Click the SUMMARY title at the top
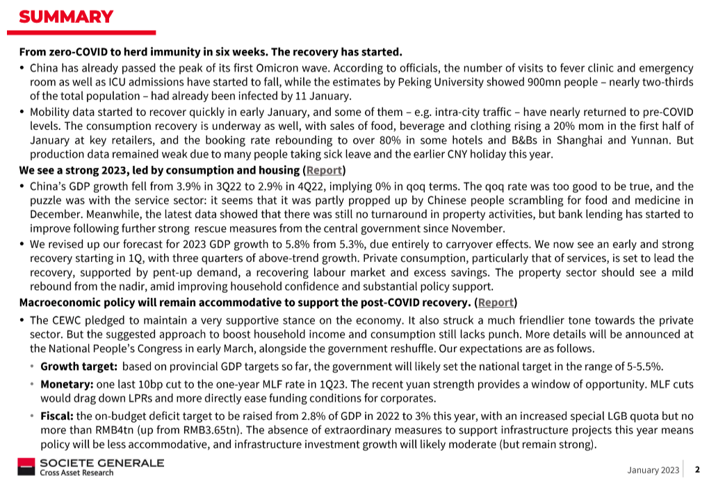(x=66, y=17)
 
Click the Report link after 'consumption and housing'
(x=324, y=170)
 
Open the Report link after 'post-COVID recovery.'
(x=496, y=302)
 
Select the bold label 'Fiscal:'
(x=56, y=416)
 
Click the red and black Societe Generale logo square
(x=27, y=466)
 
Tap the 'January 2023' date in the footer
(x=653, y=470)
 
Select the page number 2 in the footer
(x=696, y=470)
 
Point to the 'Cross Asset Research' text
(x=77, y=473)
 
